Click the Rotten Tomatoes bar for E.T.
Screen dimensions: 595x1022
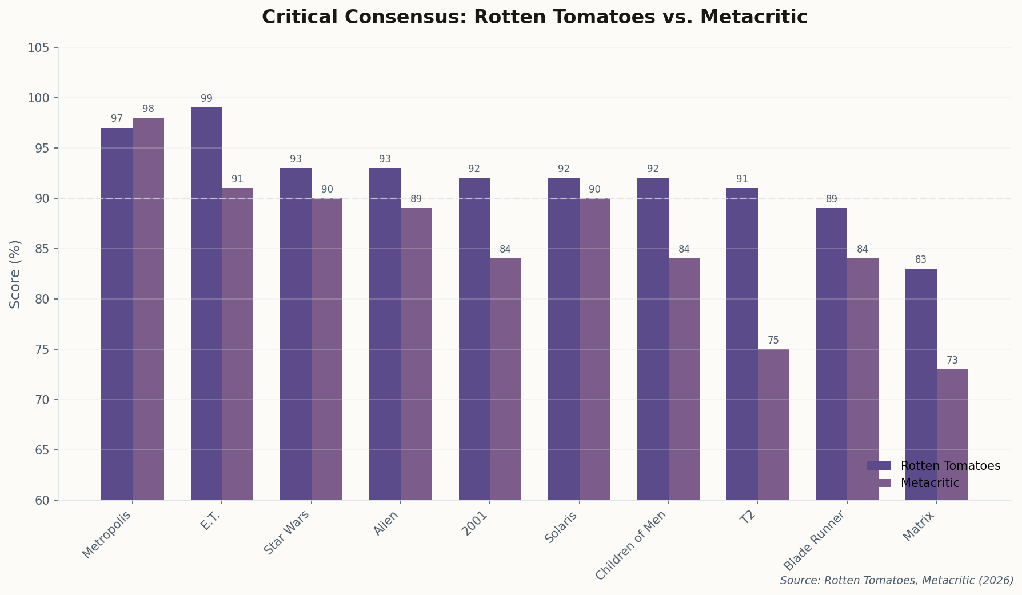(206, 303)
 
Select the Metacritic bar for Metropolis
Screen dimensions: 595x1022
(148, 309)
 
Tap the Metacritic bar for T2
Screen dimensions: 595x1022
(773, 424)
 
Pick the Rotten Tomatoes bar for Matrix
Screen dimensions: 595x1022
(921, 384)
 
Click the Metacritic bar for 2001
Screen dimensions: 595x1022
(505, 379)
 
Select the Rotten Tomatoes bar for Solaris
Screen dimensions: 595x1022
(564, 339)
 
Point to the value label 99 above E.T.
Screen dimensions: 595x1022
(206, 99)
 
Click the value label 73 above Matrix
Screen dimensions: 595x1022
(952, 361)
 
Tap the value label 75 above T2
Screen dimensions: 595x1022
(773, 341)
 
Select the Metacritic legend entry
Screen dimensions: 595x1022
(929, 483)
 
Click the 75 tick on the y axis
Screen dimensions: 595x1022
(42, 350)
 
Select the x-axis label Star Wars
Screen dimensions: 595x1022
(287, 532)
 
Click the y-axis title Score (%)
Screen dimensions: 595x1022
(15, 274)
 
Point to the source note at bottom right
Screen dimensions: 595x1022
(896, 581)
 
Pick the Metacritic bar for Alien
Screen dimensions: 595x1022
(416, 354)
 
